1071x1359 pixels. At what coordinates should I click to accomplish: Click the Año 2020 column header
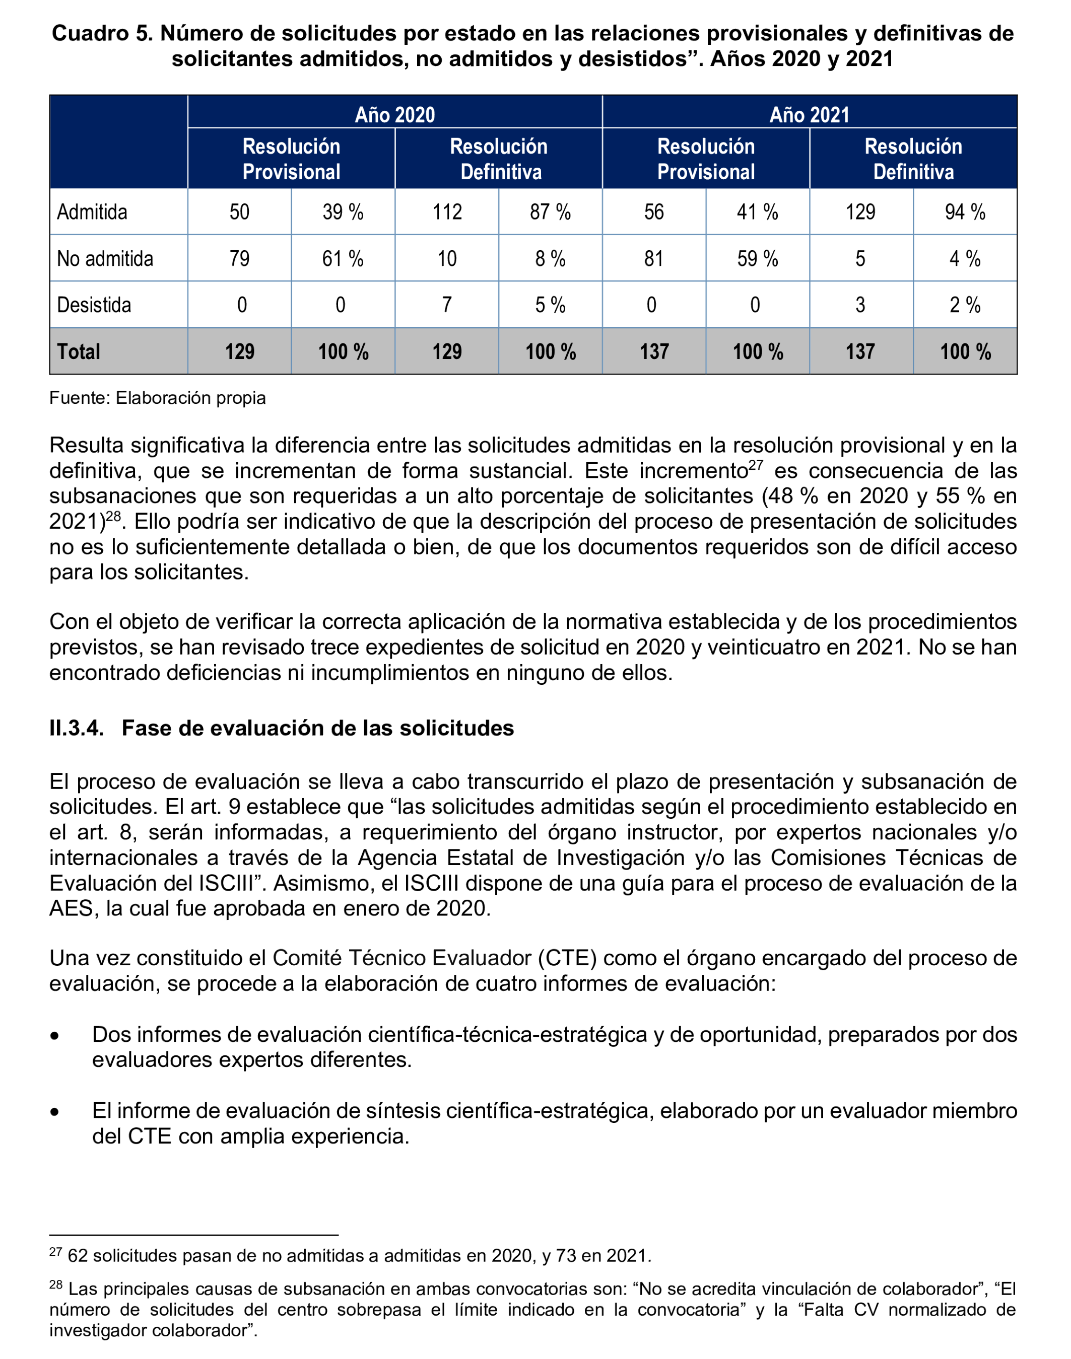(x=394, y=115)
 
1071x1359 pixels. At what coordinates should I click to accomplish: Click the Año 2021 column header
(x=809, y=115)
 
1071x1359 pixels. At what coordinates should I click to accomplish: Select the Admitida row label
(x=92, y=212)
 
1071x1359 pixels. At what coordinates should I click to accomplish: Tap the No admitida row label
(x=105, y=258)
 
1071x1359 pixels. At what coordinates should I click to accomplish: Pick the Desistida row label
(x=94, y=305)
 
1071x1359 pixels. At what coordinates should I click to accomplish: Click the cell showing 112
(x=446, y=212)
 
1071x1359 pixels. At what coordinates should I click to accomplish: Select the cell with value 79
(x=239, y=258)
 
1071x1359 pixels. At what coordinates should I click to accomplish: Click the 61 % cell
(x=343, y=258)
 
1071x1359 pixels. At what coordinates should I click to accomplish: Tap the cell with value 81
(x=653, y=258)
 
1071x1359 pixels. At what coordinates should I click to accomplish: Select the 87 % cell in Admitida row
(x=550, y=212)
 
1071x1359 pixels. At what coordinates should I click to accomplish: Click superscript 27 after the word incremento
(x=756, y=464)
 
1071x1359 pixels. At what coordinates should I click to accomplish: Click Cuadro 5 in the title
(x=102, y=33)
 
